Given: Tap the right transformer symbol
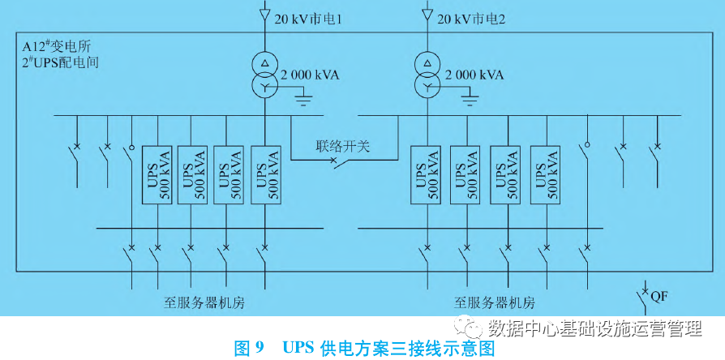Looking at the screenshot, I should pyautogui.click(x=427, y=75).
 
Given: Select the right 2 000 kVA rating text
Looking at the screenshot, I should pyautogui.click(x=474, y=75).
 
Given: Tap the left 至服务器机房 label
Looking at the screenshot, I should pyautogui.click(x=204, y=303).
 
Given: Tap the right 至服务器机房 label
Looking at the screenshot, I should pyautogui.click(x=495, y=303).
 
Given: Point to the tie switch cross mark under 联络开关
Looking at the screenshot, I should pyautogui.click(x=334, y=162).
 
